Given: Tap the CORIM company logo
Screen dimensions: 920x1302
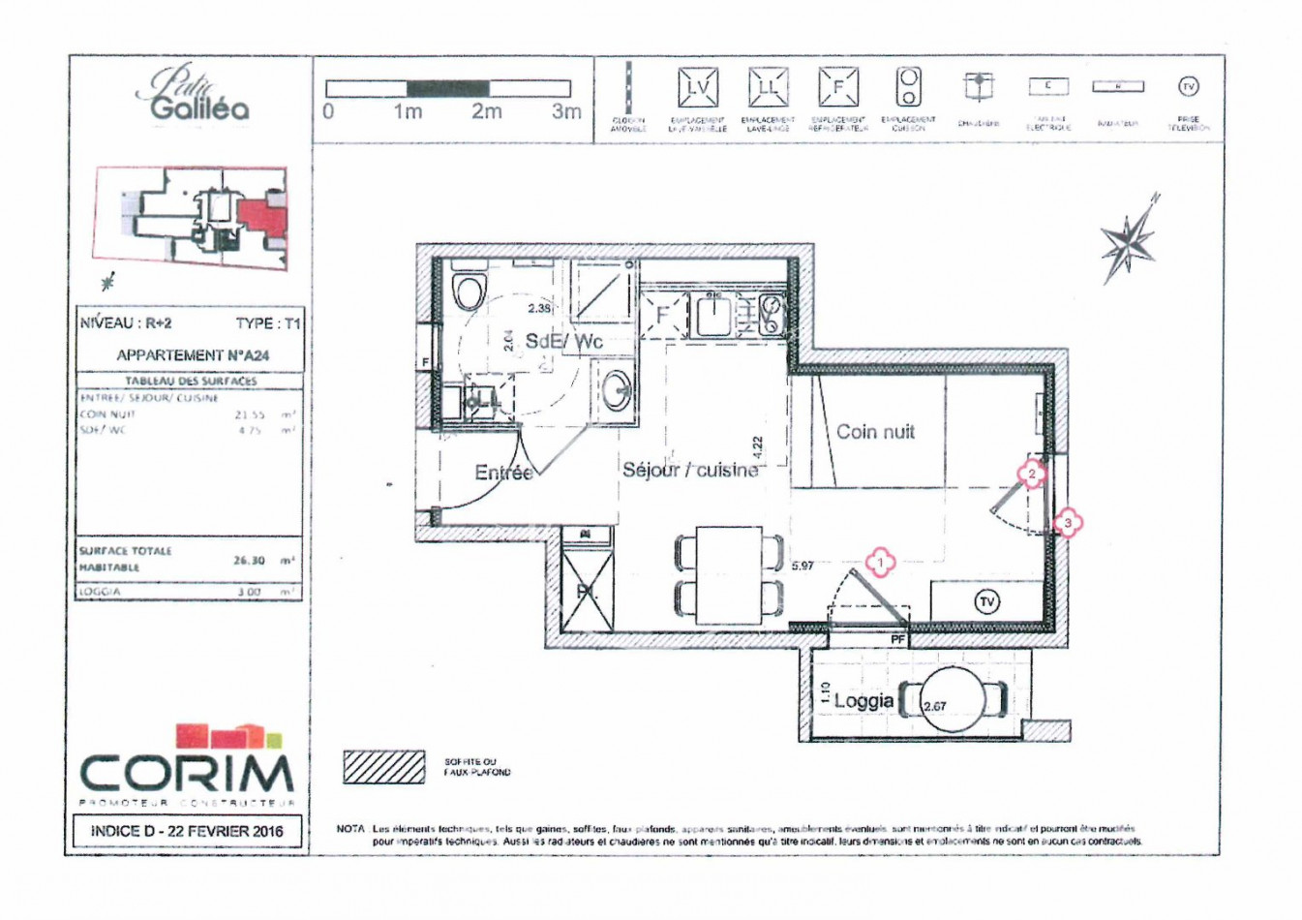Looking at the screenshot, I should (187, 765).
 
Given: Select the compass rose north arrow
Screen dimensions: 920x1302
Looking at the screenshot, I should (1128, 239).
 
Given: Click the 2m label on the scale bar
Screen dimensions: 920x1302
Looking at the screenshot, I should (487, 112).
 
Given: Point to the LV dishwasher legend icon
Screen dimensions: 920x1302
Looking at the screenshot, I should (697, 88).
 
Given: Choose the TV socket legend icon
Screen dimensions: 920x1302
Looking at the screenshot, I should (1188, 87).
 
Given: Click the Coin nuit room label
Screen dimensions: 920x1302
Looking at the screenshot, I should (875, 432).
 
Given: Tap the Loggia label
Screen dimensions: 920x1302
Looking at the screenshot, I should (863, 700).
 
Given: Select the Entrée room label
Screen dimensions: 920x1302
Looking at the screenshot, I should (503, 473).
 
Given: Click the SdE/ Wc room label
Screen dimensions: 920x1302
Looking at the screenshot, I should (563, 341).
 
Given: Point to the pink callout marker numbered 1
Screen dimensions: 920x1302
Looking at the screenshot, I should (880, 562).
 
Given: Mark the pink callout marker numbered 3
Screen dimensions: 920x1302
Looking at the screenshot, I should (1068, 523).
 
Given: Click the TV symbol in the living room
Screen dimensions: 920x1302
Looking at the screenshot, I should (986, 601).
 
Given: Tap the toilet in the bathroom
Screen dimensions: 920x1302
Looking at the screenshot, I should (469, 288).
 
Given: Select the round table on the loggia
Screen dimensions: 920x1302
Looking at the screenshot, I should (954, 699).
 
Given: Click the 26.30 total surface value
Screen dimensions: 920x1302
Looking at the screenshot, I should (249, 560).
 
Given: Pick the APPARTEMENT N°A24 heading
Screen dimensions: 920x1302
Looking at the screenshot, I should (193, 355).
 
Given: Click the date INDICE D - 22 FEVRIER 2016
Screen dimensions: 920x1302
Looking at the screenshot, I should (187, 831).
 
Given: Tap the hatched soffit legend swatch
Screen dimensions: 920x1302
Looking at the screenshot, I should (384, 767).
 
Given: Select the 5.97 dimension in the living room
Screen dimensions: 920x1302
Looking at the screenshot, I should (802, 566).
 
